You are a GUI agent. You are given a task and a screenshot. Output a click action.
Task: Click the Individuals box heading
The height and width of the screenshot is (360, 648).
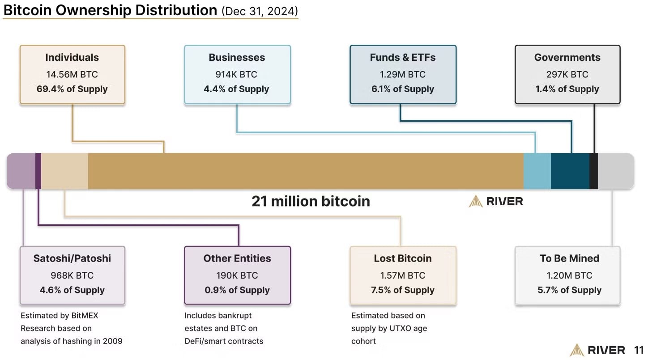[72, 57]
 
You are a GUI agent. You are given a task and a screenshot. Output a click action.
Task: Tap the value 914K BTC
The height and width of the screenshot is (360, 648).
[236, 74]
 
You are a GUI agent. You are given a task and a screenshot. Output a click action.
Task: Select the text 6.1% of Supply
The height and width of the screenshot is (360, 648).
[403, 89]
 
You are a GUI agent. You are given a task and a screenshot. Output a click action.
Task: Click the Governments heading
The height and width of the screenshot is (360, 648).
[567, 57]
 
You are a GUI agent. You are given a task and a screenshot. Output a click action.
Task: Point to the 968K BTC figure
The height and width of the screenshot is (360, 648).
[72, 275]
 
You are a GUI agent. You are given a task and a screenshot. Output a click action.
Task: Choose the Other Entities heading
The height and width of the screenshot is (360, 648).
[237, 258]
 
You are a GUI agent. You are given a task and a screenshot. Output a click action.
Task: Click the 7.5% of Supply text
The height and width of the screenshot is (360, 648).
[403, 290]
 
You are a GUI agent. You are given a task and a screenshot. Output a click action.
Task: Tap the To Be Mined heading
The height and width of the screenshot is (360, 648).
[569, 258]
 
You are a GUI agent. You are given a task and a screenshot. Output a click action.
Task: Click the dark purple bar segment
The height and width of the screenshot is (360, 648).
[38, 171]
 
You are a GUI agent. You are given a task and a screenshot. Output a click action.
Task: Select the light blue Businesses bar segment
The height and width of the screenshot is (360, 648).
[537, 171]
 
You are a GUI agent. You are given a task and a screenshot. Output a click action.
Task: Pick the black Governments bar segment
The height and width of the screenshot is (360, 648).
[594, 171]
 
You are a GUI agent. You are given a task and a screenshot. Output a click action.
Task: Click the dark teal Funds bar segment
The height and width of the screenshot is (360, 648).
[570, 171]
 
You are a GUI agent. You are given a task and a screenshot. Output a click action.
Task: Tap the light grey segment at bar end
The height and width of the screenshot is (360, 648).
[616, 171]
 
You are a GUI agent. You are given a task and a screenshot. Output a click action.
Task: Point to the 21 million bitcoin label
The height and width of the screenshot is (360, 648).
[311, 201]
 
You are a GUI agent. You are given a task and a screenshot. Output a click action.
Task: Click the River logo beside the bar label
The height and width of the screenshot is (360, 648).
[496, 201]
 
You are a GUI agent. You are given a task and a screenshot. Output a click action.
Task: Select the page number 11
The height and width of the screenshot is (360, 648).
[639, 350]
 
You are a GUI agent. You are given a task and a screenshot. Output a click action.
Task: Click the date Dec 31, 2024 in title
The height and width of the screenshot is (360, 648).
[260, 11]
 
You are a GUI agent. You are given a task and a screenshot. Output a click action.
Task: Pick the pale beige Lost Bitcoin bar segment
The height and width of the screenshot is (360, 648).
[64, 171]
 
